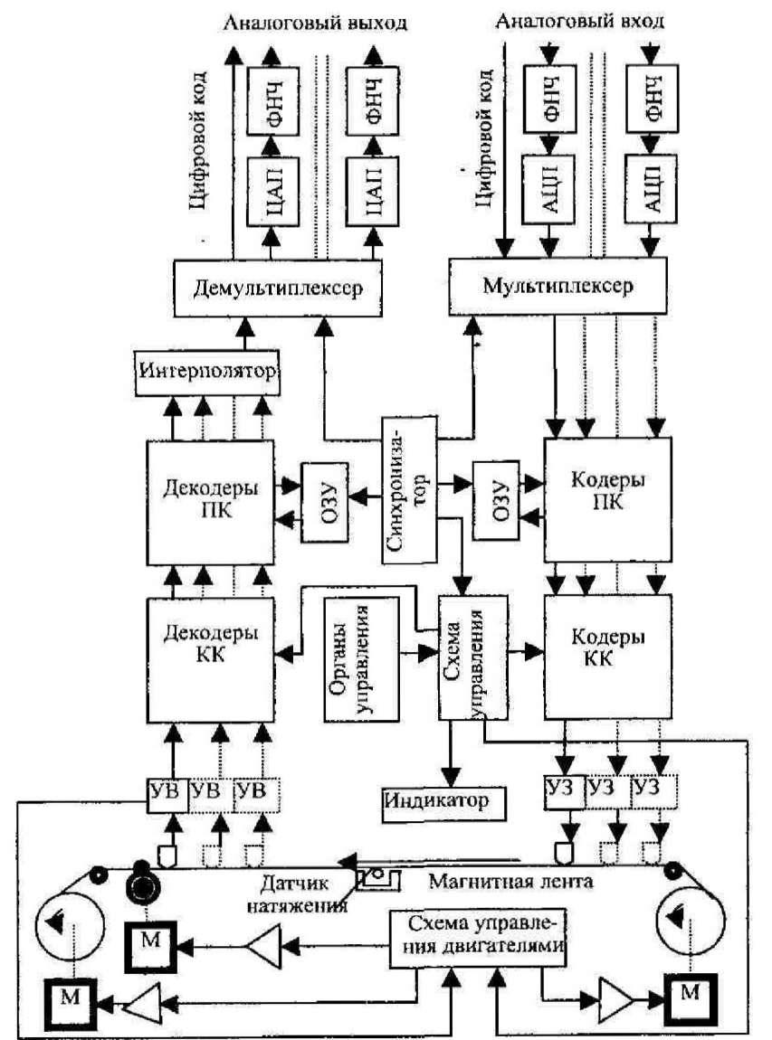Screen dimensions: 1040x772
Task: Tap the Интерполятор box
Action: tap(207, 372)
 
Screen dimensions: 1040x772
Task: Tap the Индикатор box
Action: tap(435, 801)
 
